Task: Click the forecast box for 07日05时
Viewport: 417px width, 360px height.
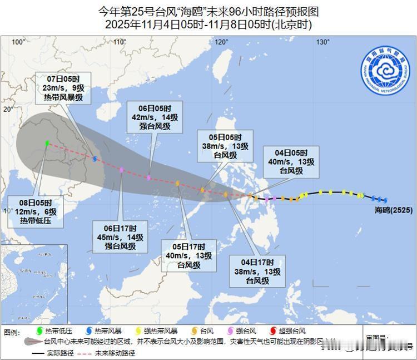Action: (x=63, y=88)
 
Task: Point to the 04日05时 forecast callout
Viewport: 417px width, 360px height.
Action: (x=291, y=161)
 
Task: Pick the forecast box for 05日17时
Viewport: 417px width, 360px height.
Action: (x=189, y=255)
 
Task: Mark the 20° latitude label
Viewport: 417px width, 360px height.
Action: (x=7, y=109)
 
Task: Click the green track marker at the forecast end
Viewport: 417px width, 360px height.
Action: (x=47, y=143)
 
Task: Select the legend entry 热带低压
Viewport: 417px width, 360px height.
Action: (x=56, y=332)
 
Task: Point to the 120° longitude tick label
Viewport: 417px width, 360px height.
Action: (x=222, y=42)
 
